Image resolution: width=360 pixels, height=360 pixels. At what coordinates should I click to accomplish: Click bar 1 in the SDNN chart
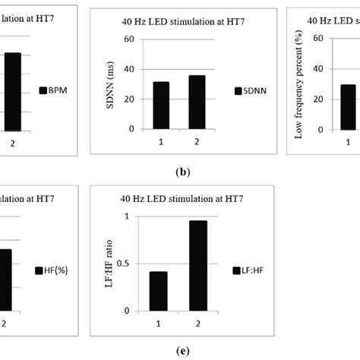pyautogui.click(x=160, y=105)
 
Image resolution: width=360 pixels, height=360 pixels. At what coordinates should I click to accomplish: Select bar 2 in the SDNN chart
pyautogui.click(x=197, y=102)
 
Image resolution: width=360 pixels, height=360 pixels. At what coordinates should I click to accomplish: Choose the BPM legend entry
pyautogui.click(x=54, y=90)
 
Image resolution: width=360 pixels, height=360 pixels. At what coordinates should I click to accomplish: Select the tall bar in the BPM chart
pyautogui.click(x=13, y=91)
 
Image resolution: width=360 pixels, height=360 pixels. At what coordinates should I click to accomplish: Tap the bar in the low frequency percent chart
pyautogui.click(x=348, y=106)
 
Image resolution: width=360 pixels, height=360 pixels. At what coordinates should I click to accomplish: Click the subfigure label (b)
pyautogui.click(x=182, y=172)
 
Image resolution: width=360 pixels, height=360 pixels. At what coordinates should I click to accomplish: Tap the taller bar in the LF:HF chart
pyautogui.click(x=197, y=265)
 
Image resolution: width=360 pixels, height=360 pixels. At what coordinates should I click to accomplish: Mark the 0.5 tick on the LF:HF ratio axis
pyautogui.click(x=126, y=264)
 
